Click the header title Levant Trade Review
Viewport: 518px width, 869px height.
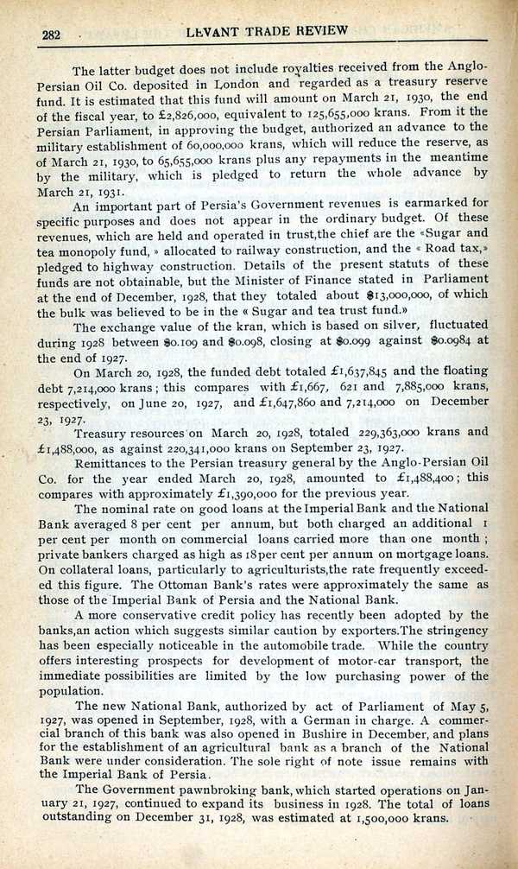pos(267,30)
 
